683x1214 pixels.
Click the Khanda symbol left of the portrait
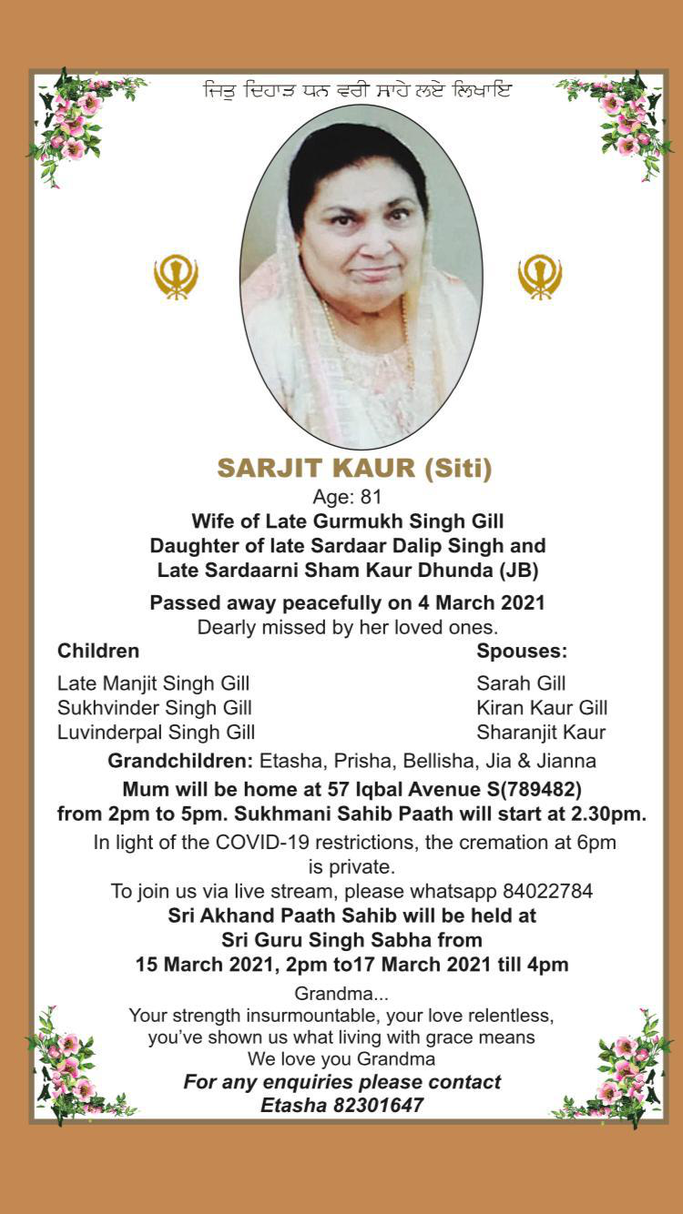click(x=176, y=277)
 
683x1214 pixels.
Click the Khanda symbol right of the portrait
click(x=540, y=277)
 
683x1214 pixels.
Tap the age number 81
click(x=372, y=497)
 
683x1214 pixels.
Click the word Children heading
click(x=98, y=651)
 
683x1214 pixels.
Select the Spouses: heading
click(x=522, y=651)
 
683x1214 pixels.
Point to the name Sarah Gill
click(x=521, y=683)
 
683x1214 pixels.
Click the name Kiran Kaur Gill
click(x=542, y=707)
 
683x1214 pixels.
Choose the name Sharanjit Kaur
click(x=541, y=732)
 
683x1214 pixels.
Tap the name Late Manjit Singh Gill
click(x=153, y=683)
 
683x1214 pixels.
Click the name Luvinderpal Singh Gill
click(x=156, y=732)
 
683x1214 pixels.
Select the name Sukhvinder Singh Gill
click(x=155, y=707)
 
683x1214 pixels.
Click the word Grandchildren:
click(x=180, y=760)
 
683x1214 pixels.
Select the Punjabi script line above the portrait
click(x=357, y=92)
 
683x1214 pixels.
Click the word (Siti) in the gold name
click(x=458, y=469)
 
